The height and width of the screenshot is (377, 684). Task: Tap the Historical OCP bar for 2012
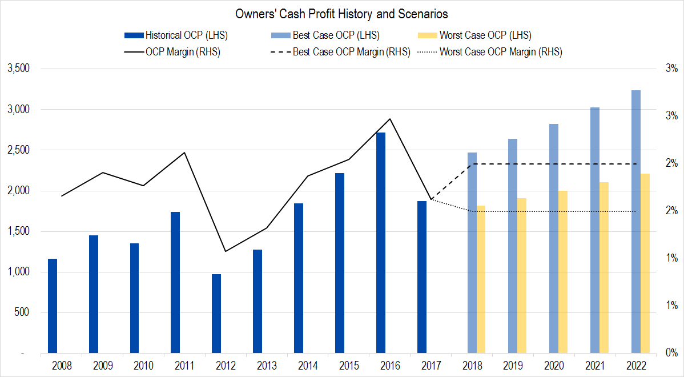point(216,314)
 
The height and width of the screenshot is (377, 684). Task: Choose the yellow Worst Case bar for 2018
point(481,279)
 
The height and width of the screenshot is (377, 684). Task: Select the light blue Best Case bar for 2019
point(513,246)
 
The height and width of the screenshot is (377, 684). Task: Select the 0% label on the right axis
point(671,354)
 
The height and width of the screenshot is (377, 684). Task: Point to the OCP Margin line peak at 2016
point(389,119)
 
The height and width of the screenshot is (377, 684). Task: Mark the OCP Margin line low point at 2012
point(226,251)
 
